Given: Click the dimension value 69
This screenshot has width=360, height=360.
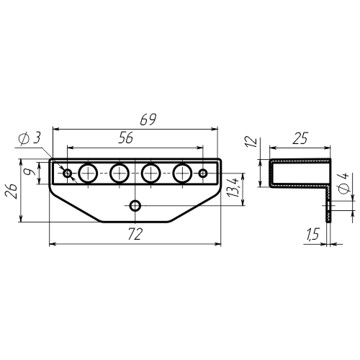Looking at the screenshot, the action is (148, 120).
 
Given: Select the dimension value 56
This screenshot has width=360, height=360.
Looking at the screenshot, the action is (126, 138).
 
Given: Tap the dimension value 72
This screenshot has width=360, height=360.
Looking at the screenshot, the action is (135, 234).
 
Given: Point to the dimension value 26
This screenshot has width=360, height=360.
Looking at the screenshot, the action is (12, 192).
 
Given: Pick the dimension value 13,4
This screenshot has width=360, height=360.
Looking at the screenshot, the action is (233, 188).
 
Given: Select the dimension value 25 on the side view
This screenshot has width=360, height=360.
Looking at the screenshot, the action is (300, 138).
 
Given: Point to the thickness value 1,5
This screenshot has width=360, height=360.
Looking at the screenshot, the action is (312, 234).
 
